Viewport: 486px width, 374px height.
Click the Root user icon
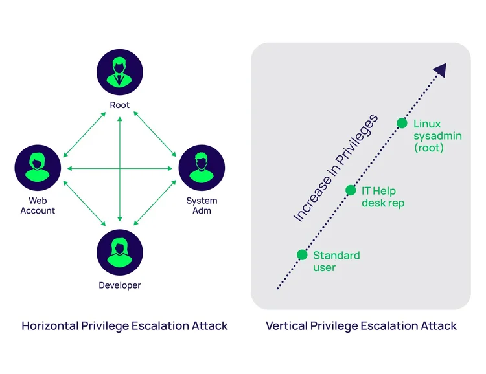(120, 71)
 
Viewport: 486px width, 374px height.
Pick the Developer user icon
(120, 252)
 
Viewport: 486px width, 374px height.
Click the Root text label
(120, 105)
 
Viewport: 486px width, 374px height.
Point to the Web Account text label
(38, 206)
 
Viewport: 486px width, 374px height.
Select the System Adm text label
(202, 206)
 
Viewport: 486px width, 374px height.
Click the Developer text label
(120, 285)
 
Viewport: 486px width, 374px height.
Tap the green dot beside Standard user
(302, 254)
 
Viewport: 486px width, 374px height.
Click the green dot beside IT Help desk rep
(351, 190)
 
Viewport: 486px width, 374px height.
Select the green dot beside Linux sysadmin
(402, 123)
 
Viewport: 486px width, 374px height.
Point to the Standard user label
(336, 261)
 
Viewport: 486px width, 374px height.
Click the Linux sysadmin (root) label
(428, 135)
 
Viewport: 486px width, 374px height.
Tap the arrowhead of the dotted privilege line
(440, 70)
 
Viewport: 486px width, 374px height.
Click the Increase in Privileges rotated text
(335, 168)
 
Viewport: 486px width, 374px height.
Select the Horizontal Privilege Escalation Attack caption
(124, 325)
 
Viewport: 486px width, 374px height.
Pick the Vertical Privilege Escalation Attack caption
(361, 325)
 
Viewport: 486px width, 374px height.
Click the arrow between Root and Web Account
(85, 134)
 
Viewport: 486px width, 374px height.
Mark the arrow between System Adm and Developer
(155, 202)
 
